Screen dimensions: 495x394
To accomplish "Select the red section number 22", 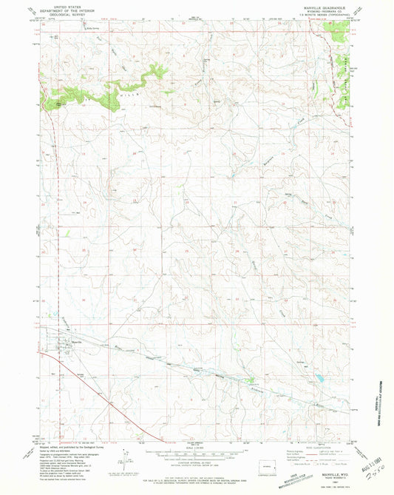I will [235, 202].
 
